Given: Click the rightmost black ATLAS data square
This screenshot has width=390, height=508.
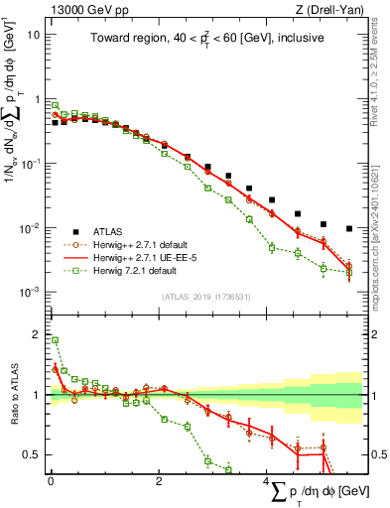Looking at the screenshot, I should pyautogui.click(x=348, y=228).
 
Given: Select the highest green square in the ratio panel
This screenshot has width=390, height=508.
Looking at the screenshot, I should pyautogui.click(x=55, y=340).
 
